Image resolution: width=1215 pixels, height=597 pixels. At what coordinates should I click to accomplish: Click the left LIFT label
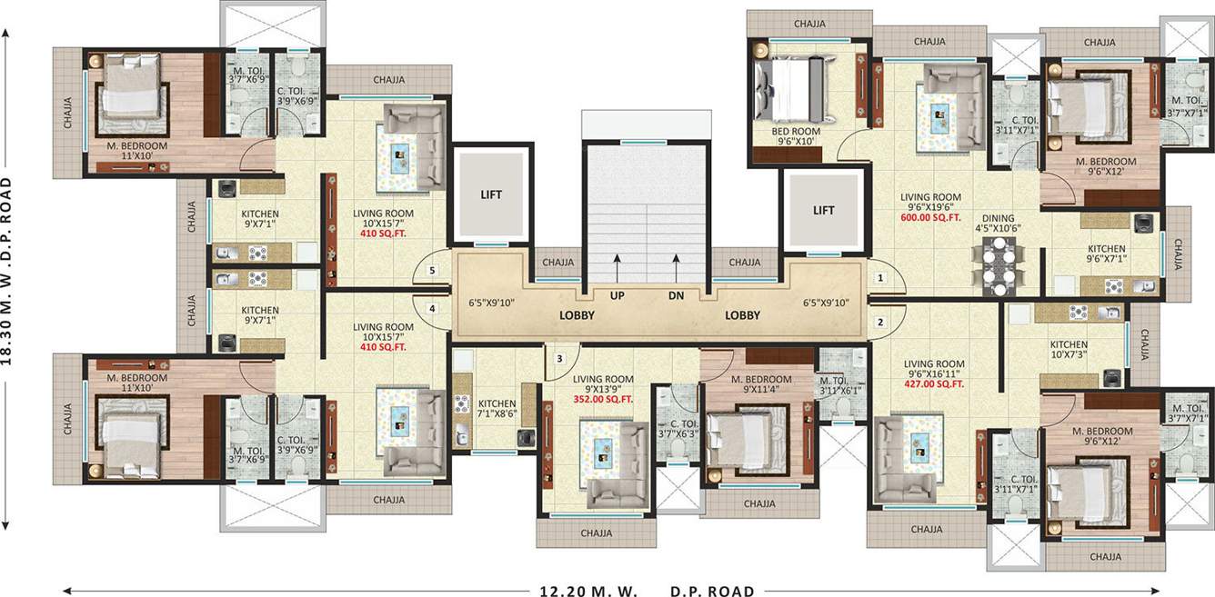point(491,194)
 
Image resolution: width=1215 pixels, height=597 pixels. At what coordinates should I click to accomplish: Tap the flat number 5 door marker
point(433,270)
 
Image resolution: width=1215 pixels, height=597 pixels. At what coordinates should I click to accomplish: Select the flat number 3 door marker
point(560,358)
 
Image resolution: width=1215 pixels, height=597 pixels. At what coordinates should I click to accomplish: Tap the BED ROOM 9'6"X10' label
point(797,137)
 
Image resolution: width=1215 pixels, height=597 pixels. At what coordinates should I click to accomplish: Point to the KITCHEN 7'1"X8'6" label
point(497,409)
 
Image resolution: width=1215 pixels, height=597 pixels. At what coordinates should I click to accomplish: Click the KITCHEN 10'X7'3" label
point(1069,351)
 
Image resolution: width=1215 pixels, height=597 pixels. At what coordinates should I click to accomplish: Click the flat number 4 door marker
point(433,309)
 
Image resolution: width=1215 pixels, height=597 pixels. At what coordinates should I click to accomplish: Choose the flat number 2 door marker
point(879,322)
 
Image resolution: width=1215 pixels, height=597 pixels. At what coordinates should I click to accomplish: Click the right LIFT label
point(823,211)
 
